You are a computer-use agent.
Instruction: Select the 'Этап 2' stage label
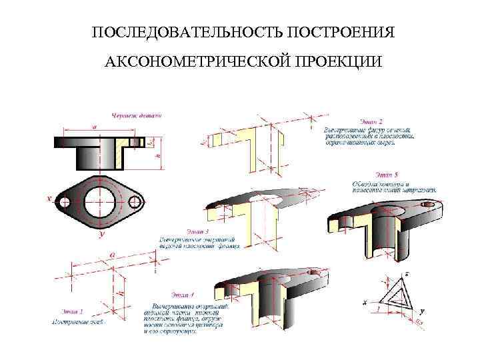(372, 122)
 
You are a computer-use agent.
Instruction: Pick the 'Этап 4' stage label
(183, 294)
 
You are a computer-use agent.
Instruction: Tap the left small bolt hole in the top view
(65, 202)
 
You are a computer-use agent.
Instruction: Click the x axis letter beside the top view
(49, 199)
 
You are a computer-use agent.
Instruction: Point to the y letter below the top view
(101, 235)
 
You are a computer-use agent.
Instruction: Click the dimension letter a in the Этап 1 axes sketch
(111, 255)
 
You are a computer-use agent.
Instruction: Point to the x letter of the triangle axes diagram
(365, 303)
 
